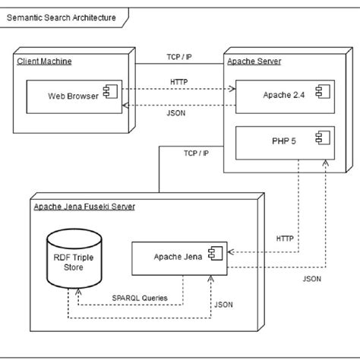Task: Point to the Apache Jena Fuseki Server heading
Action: [x=84, y=207]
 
